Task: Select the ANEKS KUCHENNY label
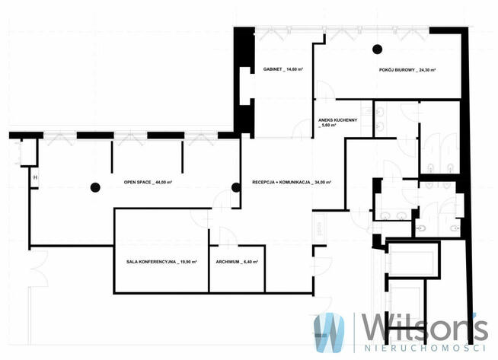(338, 123)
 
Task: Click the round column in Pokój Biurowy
(378, 49)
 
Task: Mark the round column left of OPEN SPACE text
(95, 188)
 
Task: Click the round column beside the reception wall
(236, 188)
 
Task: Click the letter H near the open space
(35, 177)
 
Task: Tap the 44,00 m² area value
(164, 183)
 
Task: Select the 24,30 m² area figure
(427, 70)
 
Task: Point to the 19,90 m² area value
(189, 262)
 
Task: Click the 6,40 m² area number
(251, 262)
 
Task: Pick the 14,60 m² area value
(295, 69)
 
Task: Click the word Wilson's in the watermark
(425, 327)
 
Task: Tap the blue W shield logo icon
(329, 333)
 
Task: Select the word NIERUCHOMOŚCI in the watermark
(425, 349)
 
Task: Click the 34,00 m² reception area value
(324, 183)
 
